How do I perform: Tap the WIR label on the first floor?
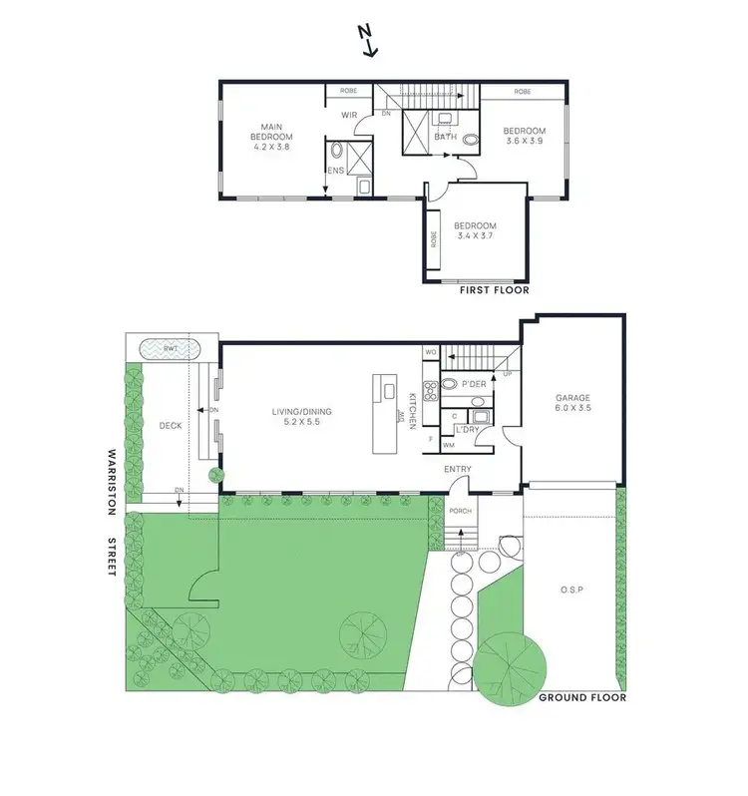point(349,115)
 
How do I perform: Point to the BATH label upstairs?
point(445,137)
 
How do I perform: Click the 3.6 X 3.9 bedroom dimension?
point(525,143)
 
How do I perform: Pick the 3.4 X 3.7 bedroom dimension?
point(475,237)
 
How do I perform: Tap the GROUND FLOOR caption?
point(582,698)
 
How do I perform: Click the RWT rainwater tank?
point(170,349)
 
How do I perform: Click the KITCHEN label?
point(412,410)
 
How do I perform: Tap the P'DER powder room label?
point(474,384)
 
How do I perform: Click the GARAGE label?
point(572,397)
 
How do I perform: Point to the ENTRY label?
point(458,470)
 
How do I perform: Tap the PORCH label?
point(461,512)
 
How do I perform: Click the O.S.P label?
point(570,590)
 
